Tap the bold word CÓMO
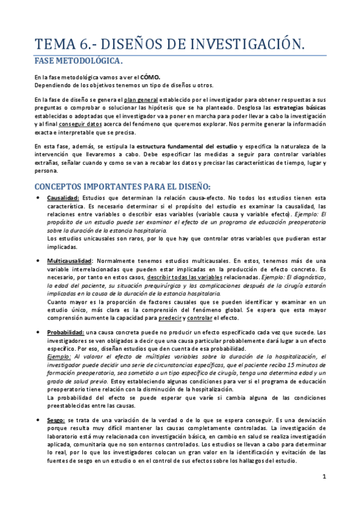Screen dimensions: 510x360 [150, 78]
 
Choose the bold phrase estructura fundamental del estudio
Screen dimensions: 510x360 [187, 147]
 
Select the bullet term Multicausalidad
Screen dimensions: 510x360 [70, 261]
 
